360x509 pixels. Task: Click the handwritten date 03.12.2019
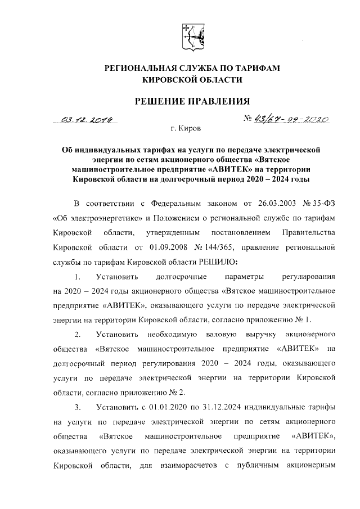[x=89, y=120]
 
